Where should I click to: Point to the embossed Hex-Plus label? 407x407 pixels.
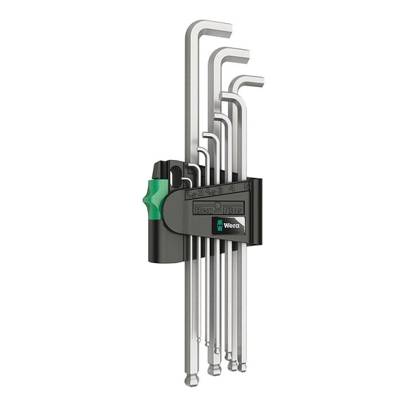tap(219, 208)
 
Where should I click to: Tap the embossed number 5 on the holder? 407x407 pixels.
tap(244, 187)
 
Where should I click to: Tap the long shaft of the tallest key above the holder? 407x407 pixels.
tap(189, 105)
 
